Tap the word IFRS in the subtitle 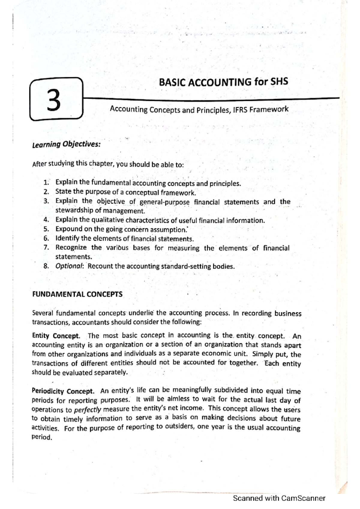(x=240, y=110)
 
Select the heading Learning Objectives (x=66, y=144)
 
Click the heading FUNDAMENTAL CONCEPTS (x=77, y=294)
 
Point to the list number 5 (x=46, y=229)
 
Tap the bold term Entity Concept (x=56, y=336)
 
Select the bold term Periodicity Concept (x=63, y=391)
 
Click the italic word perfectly (x=88, y=410)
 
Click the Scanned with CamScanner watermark (x=279, y=498)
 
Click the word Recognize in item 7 (x=71, y=248)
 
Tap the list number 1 (x=46, y=183)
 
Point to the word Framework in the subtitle (x=269, y=109)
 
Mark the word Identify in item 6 (x=67, y=239)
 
